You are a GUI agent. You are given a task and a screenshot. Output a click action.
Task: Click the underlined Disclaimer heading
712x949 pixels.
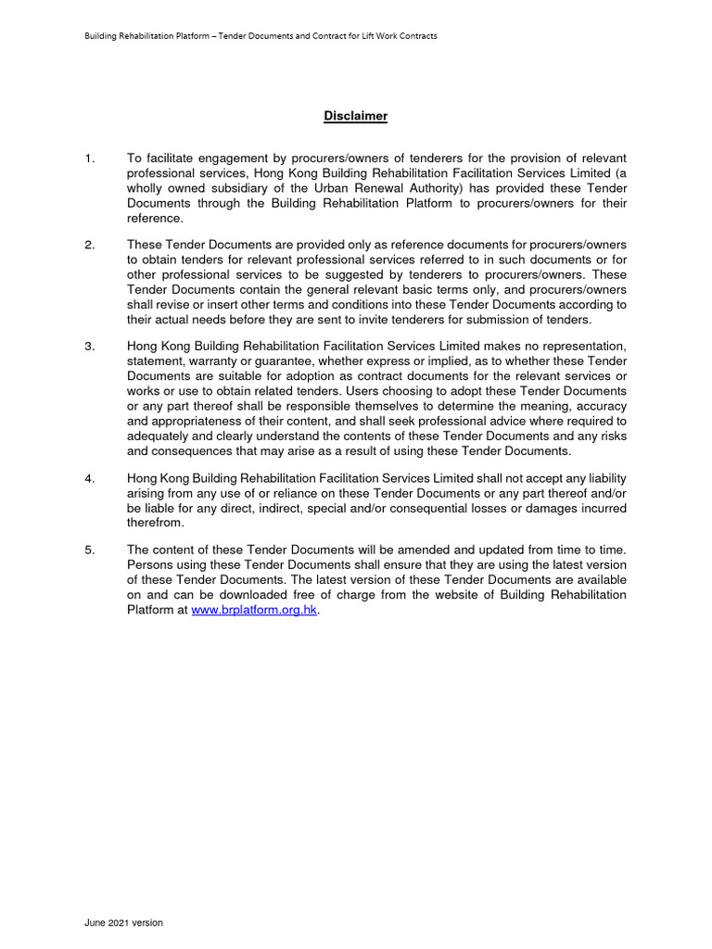[x=355, y=116]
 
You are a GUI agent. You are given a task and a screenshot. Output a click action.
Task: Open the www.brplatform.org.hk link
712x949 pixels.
[x=254, y=611]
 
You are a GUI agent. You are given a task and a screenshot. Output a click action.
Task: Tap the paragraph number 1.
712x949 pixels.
[x=89, y=159]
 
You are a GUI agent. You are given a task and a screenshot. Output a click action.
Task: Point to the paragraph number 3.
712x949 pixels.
[x=89, y=346]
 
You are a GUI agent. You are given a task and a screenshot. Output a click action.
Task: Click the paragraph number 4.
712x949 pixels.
[x=89, y=478]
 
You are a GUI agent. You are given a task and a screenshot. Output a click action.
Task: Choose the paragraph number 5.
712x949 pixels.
[x=89, y=550]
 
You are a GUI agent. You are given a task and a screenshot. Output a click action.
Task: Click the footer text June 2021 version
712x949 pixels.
[x=123, y=923]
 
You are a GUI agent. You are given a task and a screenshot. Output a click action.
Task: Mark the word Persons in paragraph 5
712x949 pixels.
[x=149, y=565]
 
